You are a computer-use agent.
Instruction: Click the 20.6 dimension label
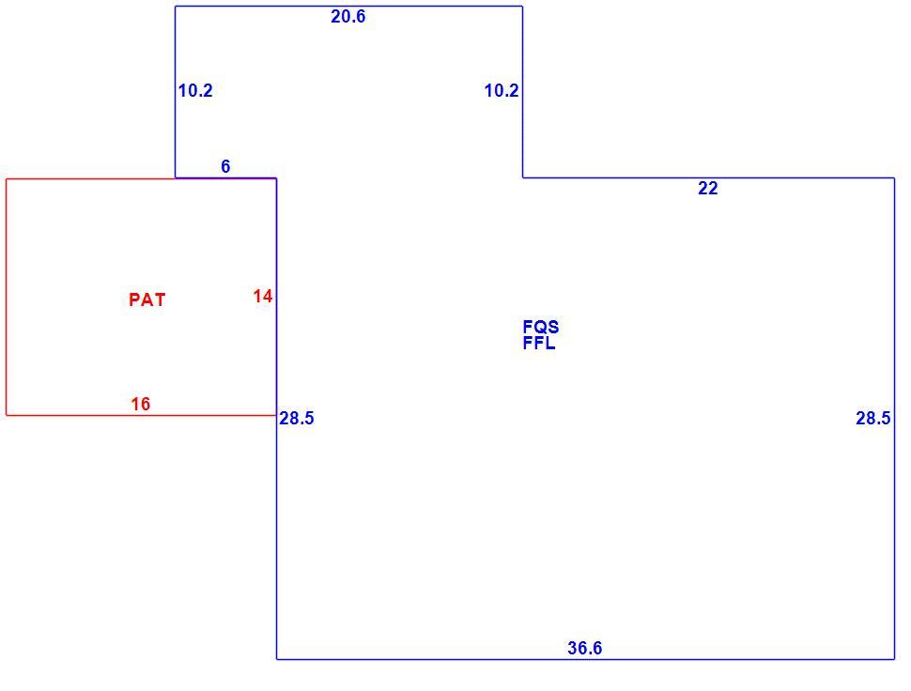pyautogui.click(x=348, y=16)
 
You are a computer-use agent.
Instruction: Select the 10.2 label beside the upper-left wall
pyautogui.click(x=195, y=90)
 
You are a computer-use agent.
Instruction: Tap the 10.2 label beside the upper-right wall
pyautogui.click(x=502, y=90)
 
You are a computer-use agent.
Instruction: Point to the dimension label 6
pyautogui.click(x=225, y=167)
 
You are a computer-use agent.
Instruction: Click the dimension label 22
pyautogui.click(x=707, y=188)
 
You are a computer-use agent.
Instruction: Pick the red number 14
pyautogui.click(x=263, y=296)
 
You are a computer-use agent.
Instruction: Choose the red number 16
pyautogui.click(x=141, y=404)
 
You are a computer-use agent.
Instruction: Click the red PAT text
pyautogui.click(x=147, y=299)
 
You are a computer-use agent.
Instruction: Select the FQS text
pyautogui.click(x=541, y=327)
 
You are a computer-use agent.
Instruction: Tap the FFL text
pyautogui.click(x=539, y=343)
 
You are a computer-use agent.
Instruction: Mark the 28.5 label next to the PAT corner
pyautogui.click(x=296, y=418)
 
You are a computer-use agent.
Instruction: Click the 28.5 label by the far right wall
pyautogui.click(x=872, y=418)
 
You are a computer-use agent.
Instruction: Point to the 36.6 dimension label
pyautogui.click(x=584, y=648)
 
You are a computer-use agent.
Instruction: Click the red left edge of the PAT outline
pyautogui.click(x=7, y=297)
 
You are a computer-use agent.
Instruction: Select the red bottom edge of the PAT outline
pyautogui.click(x=141, y=415)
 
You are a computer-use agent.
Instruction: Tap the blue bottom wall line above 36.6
pyautogui.click(x=586, y=659)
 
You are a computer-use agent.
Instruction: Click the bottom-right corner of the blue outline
pyautogui.click(x=895, y=659)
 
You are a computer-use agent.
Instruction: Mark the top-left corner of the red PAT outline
pyautogui.click(x=7, y=178)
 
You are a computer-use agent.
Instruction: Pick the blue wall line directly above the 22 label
pyautogui.click(x=709, y=177)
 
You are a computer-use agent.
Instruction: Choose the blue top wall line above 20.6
pyautogui.click(x=348, y=7)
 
